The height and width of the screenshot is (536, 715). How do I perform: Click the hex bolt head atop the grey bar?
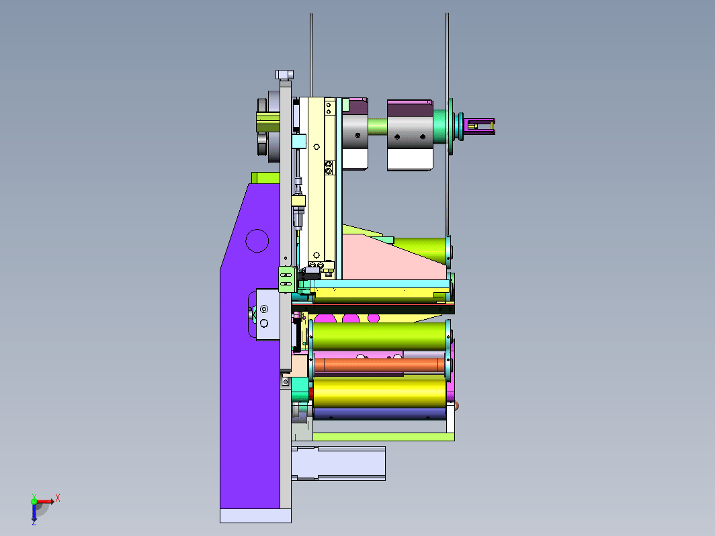(x=284, y=75)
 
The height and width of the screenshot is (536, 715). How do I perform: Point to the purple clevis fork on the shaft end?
(x=480, y=126)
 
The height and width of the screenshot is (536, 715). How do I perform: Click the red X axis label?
(x=58, y=498)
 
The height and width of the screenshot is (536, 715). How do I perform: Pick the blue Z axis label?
(x=34, y=523)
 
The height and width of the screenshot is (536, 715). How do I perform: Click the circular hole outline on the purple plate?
(x=257, y=240)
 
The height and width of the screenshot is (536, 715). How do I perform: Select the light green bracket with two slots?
(x=286, y=279)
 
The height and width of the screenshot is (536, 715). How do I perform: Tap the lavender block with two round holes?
(x=267, y=314)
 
